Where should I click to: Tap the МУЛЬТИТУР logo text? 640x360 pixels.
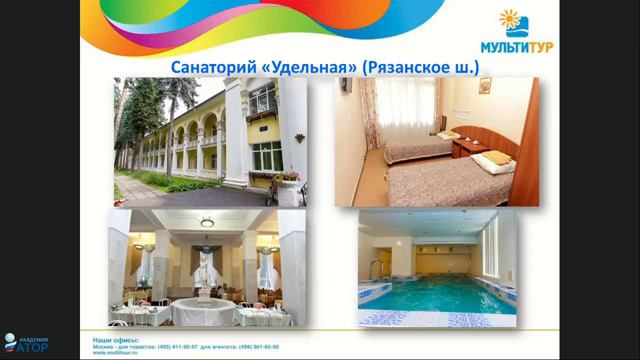point(541,45)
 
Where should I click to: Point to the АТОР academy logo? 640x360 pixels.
point(26,346)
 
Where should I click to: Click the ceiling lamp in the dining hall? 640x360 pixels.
point(207,222)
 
